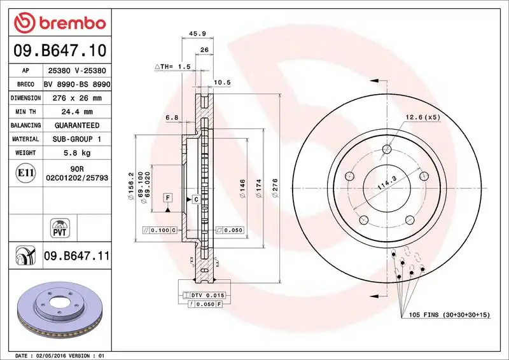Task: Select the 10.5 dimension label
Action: [221, 82]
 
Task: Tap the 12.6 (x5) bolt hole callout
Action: [422, 117]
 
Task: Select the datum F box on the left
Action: [167, 198]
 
